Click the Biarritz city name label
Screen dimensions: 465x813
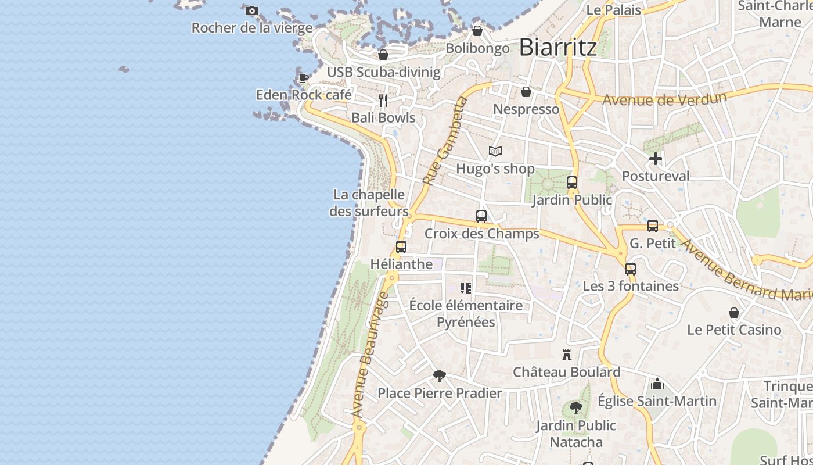(x=557, y=46)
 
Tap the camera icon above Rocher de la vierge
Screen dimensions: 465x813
(x=252, y=10)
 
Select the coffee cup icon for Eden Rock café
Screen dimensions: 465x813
(x=303, y=78)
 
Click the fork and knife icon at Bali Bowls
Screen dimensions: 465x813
(x=383, y=101)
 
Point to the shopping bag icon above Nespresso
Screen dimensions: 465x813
(x=526, y=92)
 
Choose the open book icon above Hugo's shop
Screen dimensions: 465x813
(x=495, y=152)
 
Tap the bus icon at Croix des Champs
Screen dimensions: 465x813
(x=481, y=216)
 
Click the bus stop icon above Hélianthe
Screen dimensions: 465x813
(x=401, y=247)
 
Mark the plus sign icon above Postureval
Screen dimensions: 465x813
(x=656, y=159)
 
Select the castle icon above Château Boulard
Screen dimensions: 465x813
(x=567, y=355)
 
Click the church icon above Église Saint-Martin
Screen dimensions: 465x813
(x=657, y=384)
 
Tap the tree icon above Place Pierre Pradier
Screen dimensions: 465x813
(x=440, y=376)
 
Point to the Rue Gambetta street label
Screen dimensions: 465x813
(x=445, y=141)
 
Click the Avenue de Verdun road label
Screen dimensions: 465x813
(x=664, y=98)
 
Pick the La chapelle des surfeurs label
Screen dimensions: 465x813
(x=369, y=203)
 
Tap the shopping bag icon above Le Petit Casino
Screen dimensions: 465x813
(x=734, y=313)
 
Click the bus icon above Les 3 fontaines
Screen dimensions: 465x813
(x=631, y=269)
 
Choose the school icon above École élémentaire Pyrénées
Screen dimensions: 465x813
(x=466, y=288)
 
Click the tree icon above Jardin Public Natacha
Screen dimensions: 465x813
(x=576, y=408)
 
